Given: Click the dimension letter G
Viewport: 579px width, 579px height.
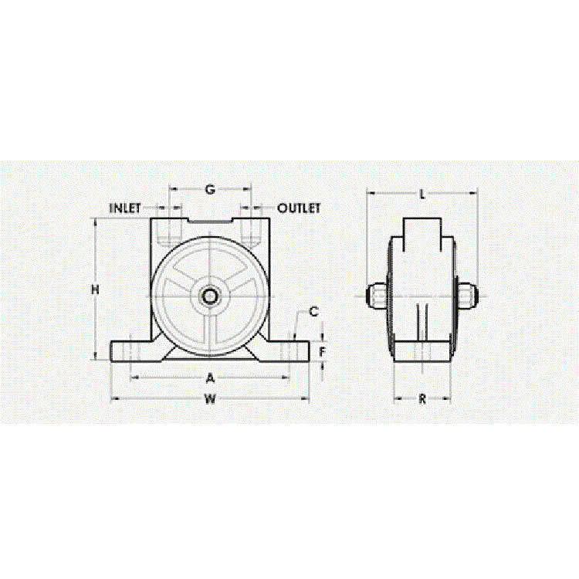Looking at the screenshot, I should tap(210, 189).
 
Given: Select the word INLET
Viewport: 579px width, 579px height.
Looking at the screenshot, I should tap(125, 208).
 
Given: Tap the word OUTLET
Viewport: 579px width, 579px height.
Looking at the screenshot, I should tap(299, 208).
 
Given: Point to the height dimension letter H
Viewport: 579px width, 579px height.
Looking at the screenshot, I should tap(95, 289).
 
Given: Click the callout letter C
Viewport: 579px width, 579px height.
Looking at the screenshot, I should tap(313, 312).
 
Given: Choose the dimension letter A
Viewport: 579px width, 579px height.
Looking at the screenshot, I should tap(209, 378).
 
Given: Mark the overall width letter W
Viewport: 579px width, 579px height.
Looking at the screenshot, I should tap(210, 399).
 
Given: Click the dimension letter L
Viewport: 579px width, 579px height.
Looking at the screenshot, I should tap(422, 194).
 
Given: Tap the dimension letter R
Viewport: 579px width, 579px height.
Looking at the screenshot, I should tap(422, 399).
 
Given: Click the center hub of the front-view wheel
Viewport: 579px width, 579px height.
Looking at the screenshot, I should tap(209, 296).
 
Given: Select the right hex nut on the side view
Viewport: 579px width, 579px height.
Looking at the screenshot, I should tap(469, 295).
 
